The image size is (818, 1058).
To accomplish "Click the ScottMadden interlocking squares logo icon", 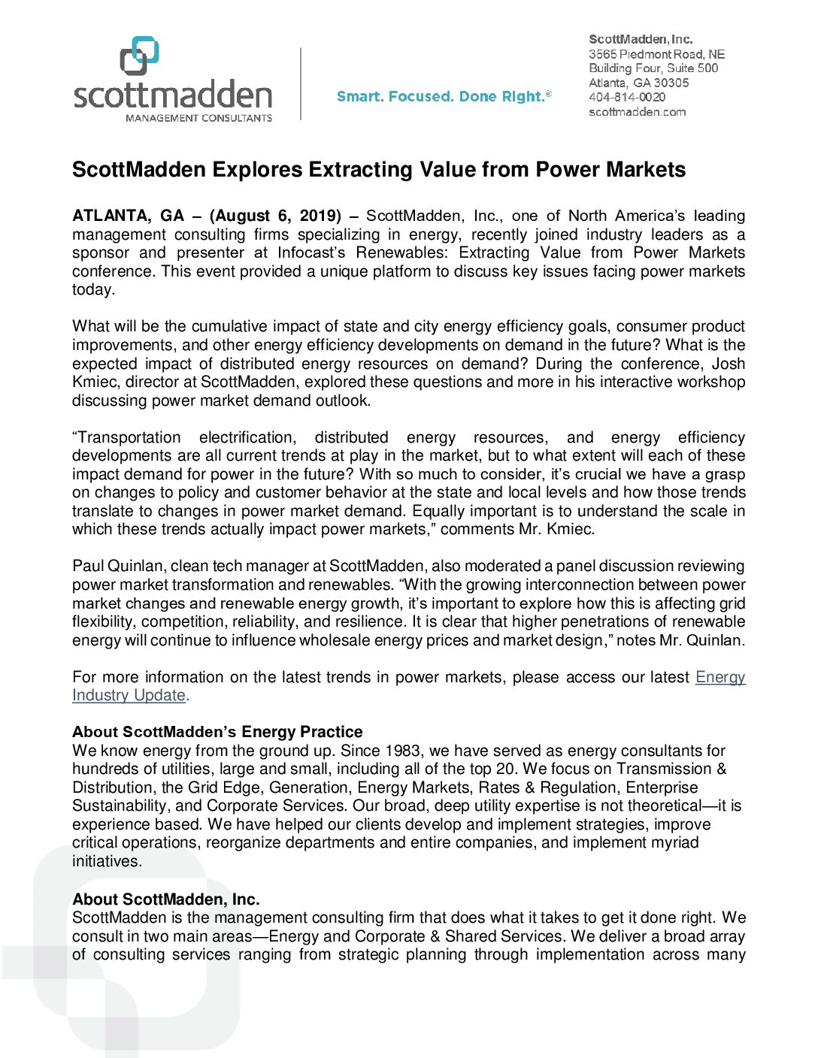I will coord(140,56).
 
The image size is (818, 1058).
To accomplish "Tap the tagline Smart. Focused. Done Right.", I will coord(444,97).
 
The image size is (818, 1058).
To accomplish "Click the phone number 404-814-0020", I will coord(626,97).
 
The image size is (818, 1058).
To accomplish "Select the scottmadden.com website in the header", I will coord(637,112).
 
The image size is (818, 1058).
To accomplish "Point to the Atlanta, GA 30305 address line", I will coord(638,83).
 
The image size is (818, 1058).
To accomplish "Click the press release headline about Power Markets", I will coord(378,170).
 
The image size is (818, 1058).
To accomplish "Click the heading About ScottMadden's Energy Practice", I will coord(217,732).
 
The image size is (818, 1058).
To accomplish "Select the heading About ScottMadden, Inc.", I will coord(165,899).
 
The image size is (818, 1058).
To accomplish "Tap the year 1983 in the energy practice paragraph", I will coord(402,751).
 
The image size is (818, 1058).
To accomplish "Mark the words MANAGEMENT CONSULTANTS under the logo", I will coord(198,118).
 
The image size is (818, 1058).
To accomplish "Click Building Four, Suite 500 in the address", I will coord(653,68).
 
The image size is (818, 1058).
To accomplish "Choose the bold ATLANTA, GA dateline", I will coord(128,216).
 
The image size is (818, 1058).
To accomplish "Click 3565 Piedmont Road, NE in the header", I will coord(656,54).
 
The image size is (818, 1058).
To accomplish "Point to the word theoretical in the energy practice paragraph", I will coord(659,806).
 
